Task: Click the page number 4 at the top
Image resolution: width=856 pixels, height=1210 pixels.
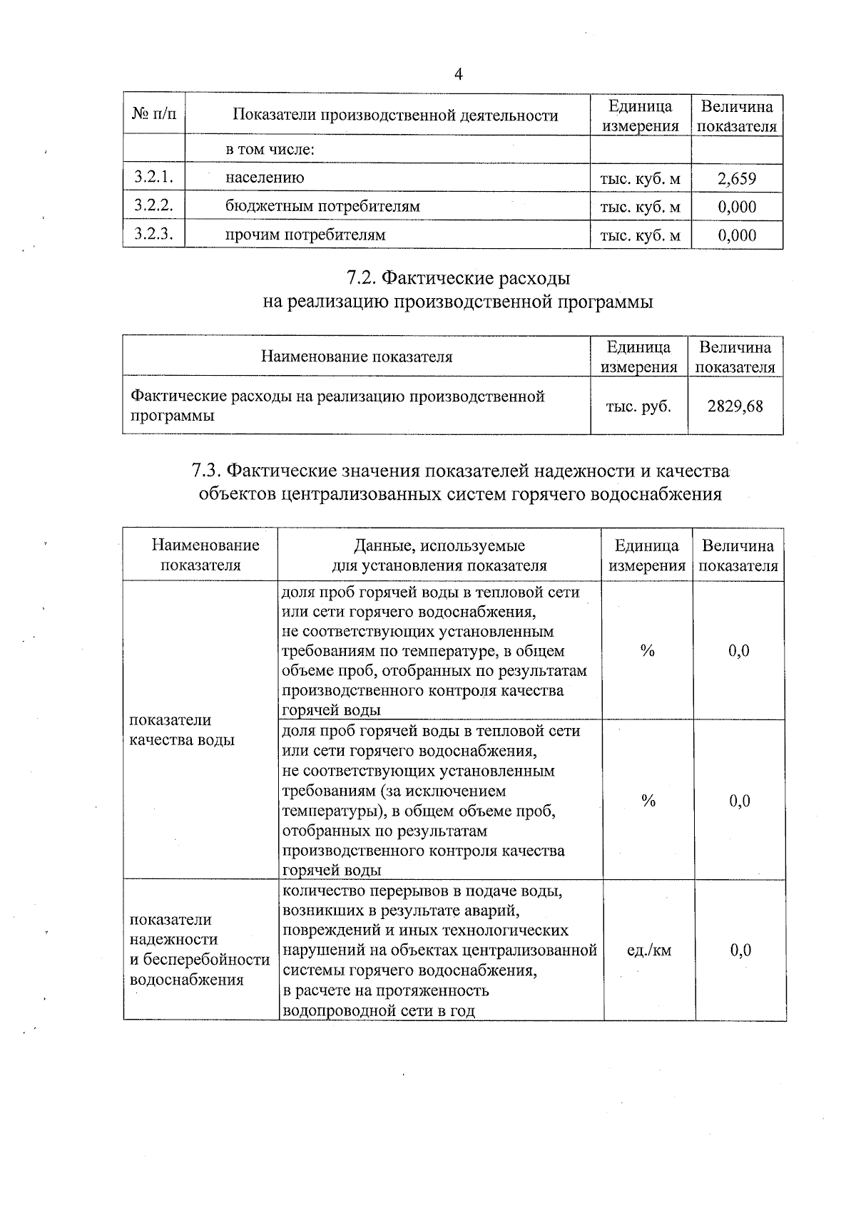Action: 459,75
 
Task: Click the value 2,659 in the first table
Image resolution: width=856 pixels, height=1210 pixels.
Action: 737,178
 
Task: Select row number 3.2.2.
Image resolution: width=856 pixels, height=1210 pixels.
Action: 153,206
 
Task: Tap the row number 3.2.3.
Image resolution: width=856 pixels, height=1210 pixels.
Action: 153,234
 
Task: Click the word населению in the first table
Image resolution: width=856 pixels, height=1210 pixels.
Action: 265,178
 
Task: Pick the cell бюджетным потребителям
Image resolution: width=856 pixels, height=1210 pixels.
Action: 322,207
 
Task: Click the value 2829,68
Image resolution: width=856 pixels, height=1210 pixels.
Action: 735,406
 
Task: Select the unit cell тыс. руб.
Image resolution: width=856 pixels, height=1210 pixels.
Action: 638,406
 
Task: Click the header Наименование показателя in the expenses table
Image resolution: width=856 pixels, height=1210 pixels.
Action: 356,357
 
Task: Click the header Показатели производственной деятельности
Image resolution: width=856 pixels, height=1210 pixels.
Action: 395,116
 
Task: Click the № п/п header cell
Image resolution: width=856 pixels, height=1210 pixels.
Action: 153,114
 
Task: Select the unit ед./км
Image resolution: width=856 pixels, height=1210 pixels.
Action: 648,950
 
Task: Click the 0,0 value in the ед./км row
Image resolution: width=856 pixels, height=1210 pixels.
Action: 740,950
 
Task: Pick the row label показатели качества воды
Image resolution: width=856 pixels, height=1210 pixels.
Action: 181,730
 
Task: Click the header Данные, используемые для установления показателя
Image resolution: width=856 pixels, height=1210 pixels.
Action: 439,555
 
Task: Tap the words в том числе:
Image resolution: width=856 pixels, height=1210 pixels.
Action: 270,150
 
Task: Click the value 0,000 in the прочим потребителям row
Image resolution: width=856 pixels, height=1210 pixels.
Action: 737,235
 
